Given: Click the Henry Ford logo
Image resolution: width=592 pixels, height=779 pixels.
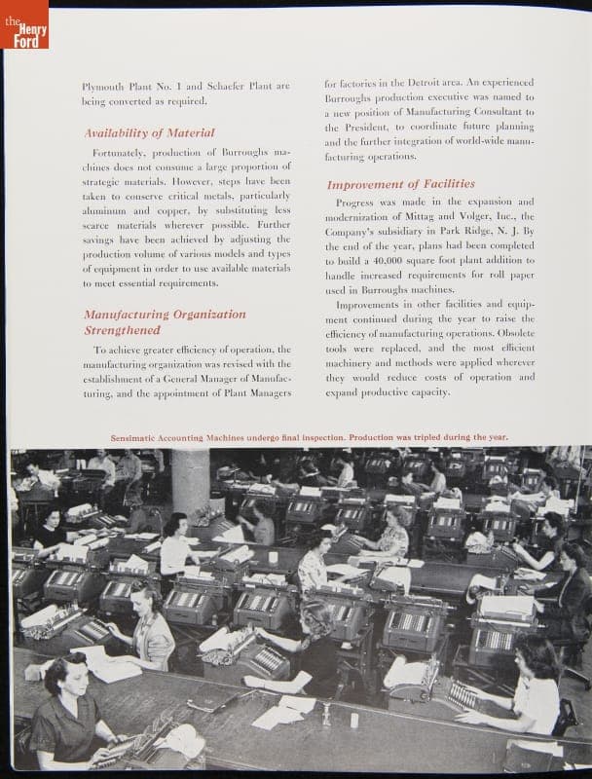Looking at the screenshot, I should click(x=24, y=24).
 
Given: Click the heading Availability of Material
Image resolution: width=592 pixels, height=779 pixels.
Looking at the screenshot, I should click(x=149, y=132).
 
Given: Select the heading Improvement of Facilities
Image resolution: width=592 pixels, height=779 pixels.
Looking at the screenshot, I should click(x=400, y=184).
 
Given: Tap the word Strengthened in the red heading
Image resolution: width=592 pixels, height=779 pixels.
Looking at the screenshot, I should click(x=122, y=330).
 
